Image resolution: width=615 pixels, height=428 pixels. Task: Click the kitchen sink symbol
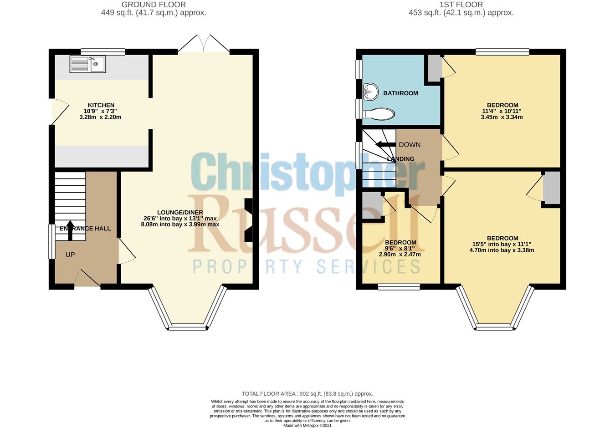pyautogui.click(x=87, y=64)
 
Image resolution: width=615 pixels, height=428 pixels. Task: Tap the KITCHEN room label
pyautogui.click(x=101, y=105)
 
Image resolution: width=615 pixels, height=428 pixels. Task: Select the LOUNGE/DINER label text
pyautogui.click(x=180, y=212)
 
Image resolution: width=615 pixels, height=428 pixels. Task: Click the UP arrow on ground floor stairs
pyautogui.click(x=70, y=230)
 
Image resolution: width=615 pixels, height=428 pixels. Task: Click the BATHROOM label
pyautogui.click(x=400, y=93)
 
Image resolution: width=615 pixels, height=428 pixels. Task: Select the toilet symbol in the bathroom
pyautogui.click(x=379, y=114)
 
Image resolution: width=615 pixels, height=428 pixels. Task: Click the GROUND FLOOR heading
pyautogui.click(x=154, y=5)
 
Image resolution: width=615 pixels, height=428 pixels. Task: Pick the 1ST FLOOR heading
pyautogui.click(x=461, y=5)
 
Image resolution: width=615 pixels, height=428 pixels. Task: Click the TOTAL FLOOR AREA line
pyautogui.click(x=307, y=394)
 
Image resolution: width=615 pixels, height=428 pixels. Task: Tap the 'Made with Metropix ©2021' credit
pyautogui.click(x=307, y=426)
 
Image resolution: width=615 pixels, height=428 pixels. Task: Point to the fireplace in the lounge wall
pyautogui.click(x=249, y=220)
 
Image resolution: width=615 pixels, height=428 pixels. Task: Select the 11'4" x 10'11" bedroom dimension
pyautogui.click(x=502, y=111)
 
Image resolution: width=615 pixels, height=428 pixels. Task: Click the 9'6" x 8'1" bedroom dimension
pyautogui.click(x=400, y=249)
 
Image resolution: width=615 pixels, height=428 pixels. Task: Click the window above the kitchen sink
pyautogui.click(x=103, y=52)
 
